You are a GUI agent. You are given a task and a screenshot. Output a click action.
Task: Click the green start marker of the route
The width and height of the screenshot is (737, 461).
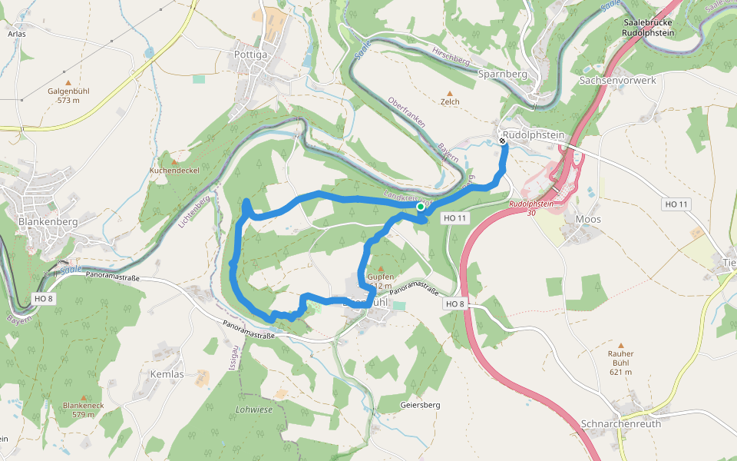coord(421,207)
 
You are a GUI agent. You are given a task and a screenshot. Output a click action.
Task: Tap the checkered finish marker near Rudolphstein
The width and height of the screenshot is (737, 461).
coord(502,141)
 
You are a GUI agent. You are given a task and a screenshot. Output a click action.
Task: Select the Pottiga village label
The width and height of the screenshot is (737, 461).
coord(251,55)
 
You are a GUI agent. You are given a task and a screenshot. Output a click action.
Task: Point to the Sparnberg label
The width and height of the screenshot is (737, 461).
coord(503,74)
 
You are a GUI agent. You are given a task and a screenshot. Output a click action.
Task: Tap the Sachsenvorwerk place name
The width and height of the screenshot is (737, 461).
coord(617,80)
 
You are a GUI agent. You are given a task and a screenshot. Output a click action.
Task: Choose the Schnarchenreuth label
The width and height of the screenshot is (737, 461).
coord(620,423)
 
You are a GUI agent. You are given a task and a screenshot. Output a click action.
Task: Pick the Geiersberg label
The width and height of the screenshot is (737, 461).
coord(421,404)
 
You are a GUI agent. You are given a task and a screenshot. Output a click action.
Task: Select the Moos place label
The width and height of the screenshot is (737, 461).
coord(588,219)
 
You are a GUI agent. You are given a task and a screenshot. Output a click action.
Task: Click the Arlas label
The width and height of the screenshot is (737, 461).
coord(17,35)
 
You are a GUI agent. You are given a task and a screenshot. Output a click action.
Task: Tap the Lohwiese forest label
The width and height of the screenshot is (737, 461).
coord(254,410)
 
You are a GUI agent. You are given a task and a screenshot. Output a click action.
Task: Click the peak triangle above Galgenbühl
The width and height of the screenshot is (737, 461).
coord(68,82)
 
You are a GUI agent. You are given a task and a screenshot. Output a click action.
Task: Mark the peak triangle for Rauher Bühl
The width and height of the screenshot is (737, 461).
coord(620,346)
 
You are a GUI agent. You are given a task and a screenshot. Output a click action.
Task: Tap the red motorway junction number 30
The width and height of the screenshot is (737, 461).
coord(531,213)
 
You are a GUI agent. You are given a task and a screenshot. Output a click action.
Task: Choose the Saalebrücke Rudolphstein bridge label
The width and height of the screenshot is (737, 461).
coord(649,28)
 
